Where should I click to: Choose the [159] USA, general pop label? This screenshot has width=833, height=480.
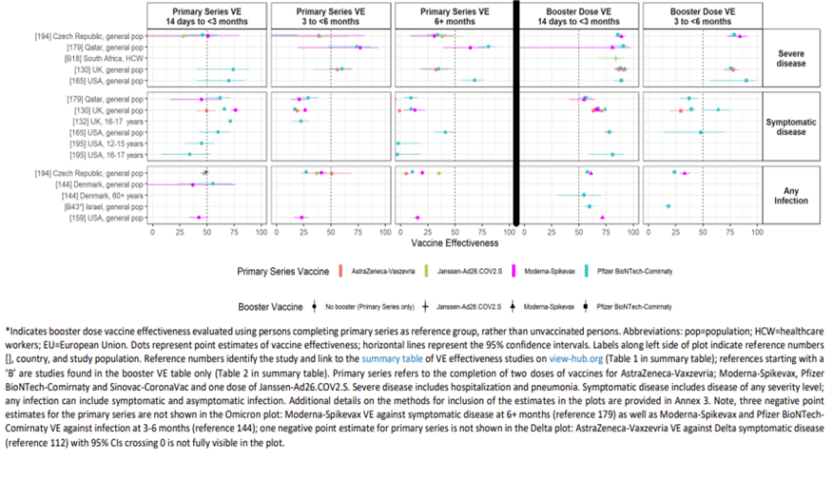click(x=106, y=218)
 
